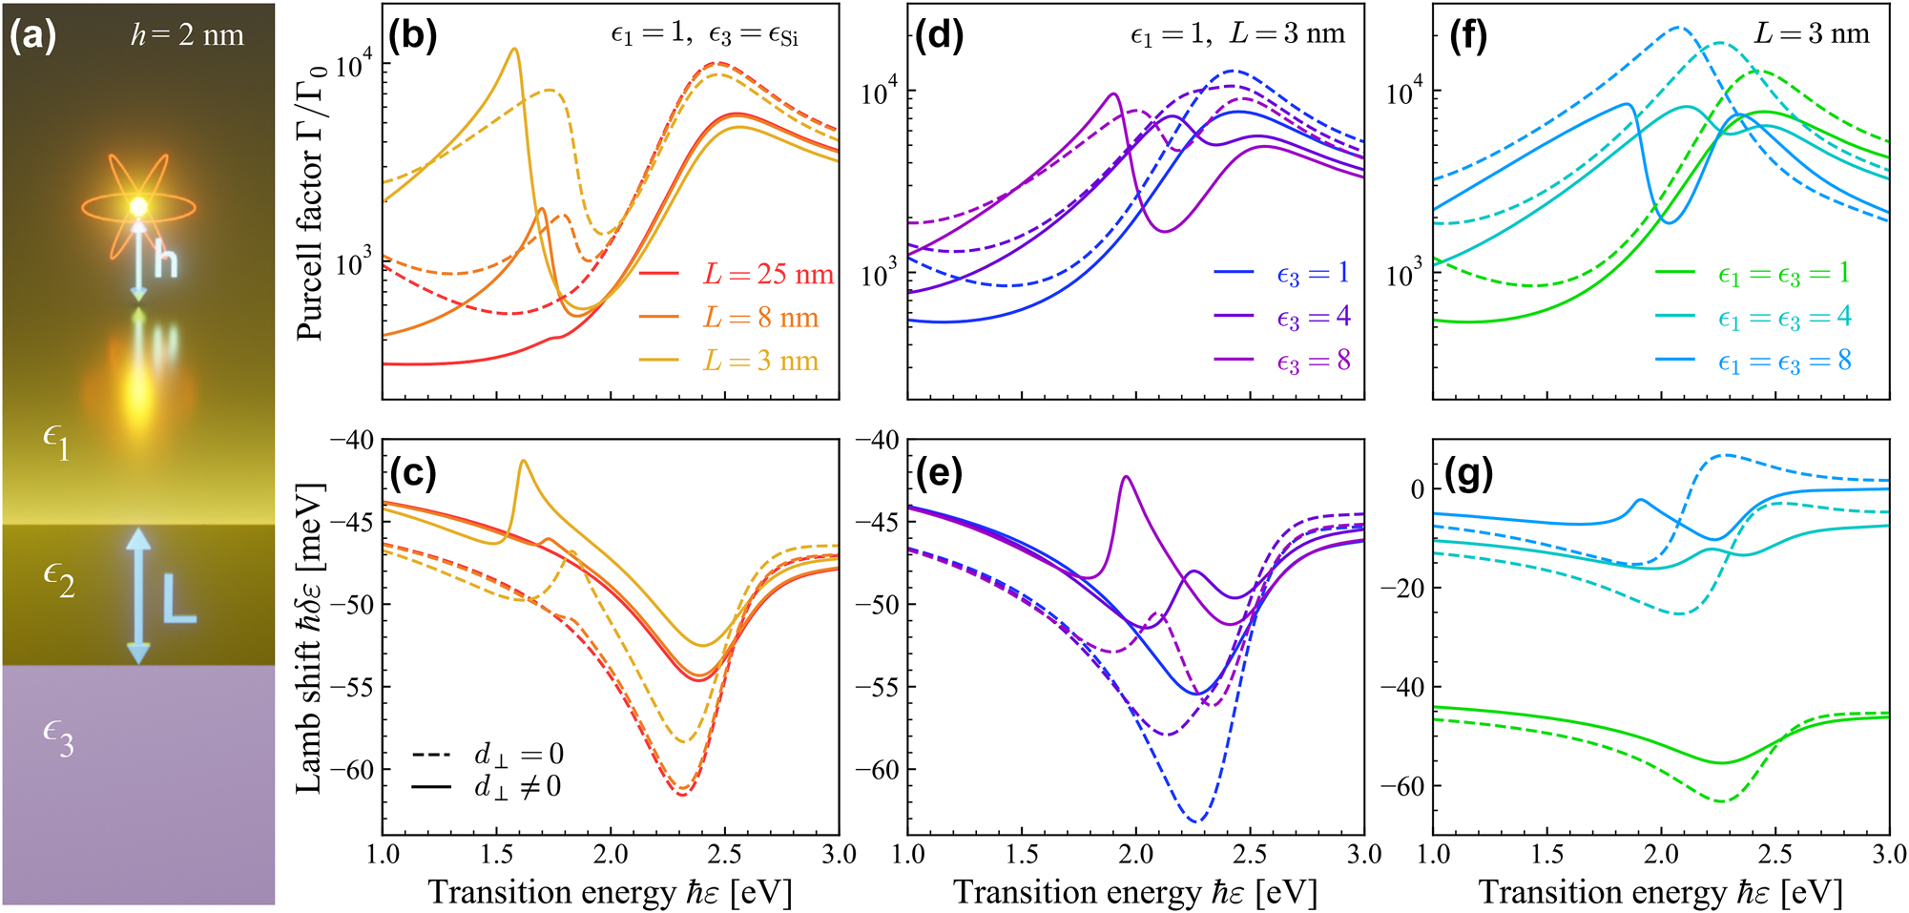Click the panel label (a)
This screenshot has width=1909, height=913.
pos(32,36)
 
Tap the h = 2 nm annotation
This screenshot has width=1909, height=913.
pos(187,36)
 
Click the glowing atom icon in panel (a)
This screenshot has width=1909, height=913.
pos(139,207)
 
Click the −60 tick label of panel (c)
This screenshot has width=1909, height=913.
pos(352,770)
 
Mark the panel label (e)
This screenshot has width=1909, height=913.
pos(939,473)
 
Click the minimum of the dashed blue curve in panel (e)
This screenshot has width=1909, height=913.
pos(1196,821)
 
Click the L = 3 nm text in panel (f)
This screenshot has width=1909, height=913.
pos(1812,34)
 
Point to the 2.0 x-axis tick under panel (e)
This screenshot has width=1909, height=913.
pos(1135,855)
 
